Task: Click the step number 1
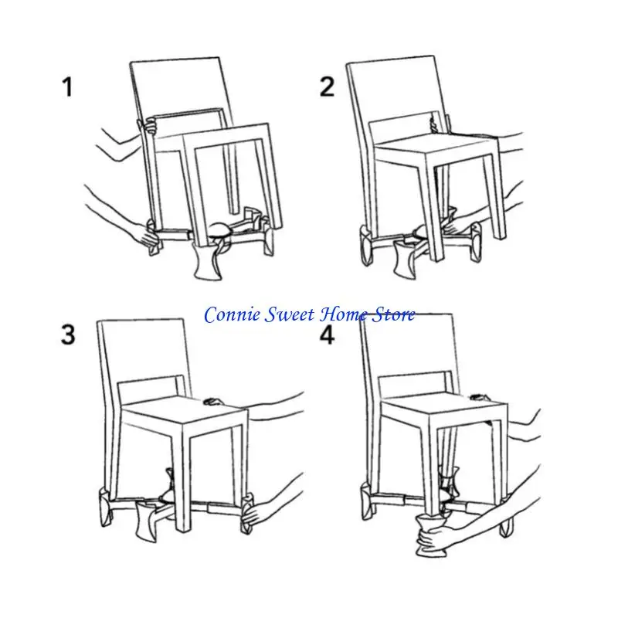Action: tap(68, 87)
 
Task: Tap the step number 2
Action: tap(328, 87)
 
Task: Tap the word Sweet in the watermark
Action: tap(289, 314)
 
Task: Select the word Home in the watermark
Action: tap(345, 314)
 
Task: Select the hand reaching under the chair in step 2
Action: tap(462, 228)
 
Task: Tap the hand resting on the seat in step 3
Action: tap(213, 402)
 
